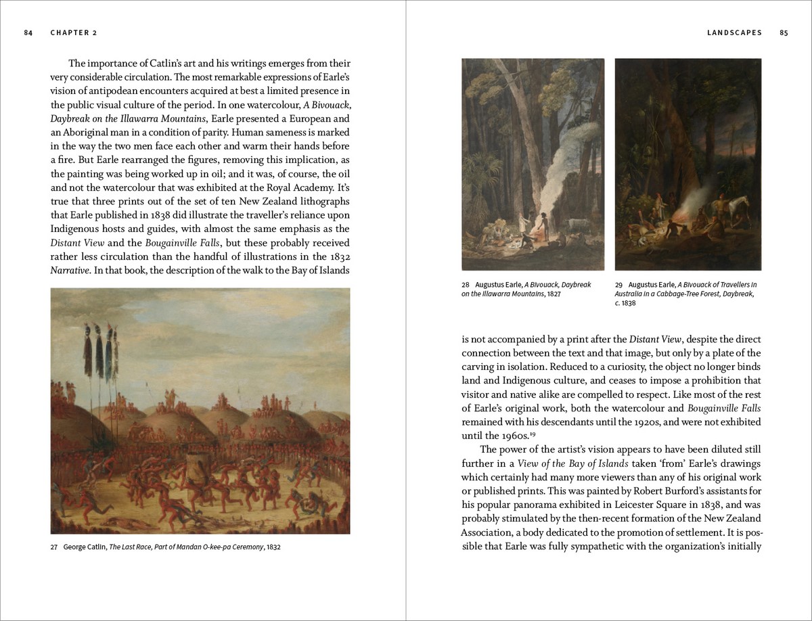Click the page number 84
point(28,32)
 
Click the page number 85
point(784,32)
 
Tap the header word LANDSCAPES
point(734,32)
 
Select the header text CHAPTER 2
point(74,32)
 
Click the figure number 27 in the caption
point(54,547)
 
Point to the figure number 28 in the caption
point(466,285)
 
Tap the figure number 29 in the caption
point(618,285)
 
